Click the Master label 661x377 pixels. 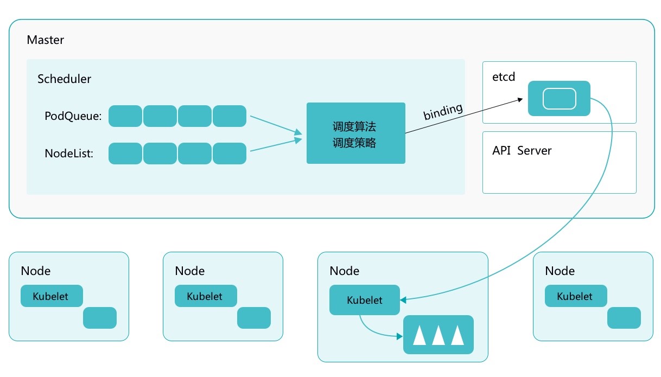(x=45, y=40)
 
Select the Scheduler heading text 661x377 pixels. (x=64, y=79)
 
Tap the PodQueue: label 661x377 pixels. (x=73, y=116)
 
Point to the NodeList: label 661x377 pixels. (x=69, y=154)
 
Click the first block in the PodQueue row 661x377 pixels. (x=125, y=116)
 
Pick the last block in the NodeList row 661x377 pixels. (x=230, y=154)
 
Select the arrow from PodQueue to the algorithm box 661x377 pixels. (x=276, y=124)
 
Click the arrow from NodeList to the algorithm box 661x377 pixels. (x=276, y=145)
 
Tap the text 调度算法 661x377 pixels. (x=354, y=127)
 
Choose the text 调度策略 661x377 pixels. (x=354, y=143)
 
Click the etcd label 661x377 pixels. (x=503, y=78)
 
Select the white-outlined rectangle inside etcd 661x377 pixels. (x=559, y=99)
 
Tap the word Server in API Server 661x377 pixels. (x=534, y=151)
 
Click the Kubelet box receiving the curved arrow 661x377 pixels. (x=364, y=300)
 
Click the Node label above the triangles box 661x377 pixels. (x=345, y=271)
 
